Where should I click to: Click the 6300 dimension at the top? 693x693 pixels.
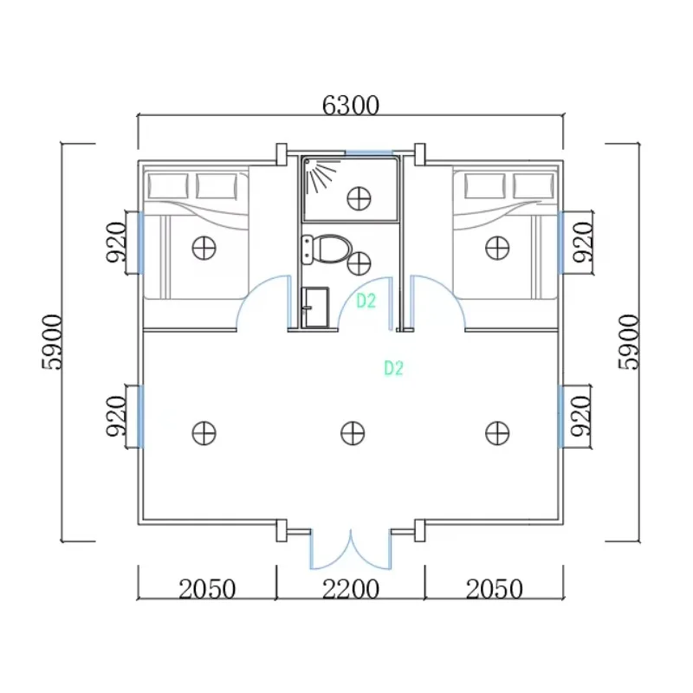(x=351, y=106)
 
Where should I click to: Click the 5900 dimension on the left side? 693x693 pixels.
(x=52, y=341)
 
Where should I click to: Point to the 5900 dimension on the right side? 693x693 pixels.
(x=630, y=341)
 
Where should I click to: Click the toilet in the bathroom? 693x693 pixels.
(x=329, y=249)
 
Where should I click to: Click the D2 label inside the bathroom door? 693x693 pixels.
(x=366, y=301)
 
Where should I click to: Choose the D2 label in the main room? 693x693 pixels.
(x=394, y=368)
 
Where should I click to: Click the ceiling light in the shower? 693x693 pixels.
(x=356, y=197)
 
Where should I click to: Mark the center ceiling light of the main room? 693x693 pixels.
(x=353, y=431)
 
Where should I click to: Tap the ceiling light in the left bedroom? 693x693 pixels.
(x=204, y=247)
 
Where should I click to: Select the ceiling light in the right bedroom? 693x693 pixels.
(x=496, y=247)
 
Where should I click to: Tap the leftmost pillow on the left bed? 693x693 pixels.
(x=167, y=185)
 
